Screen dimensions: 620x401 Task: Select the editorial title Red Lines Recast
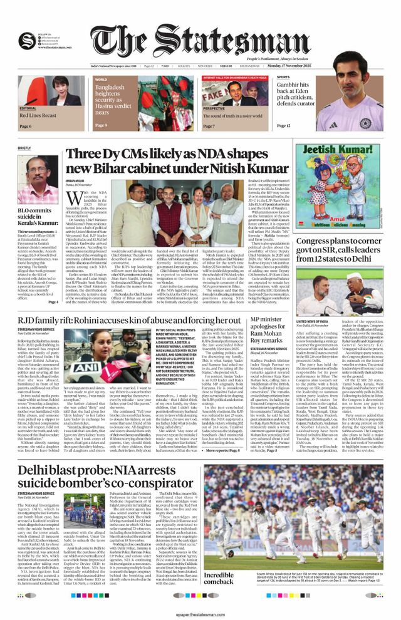click(x=38, y=116)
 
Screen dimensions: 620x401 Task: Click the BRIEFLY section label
click(x=24, y=148)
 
